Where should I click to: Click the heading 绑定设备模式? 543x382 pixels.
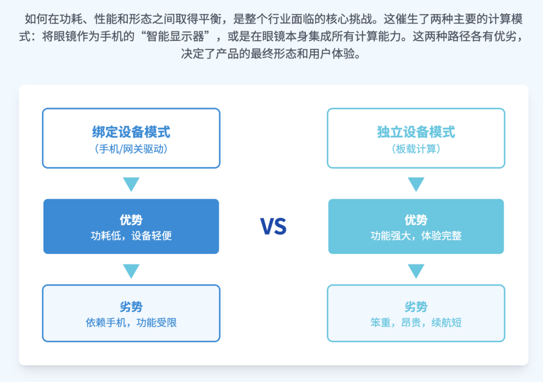coord(131,132)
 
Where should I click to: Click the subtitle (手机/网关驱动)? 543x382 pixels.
coord(131,149)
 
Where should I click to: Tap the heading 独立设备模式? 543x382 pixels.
coord(416,132)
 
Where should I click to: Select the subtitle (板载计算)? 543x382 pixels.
coord(416,149)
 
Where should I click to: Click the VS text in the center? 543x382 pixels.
coord(273,227)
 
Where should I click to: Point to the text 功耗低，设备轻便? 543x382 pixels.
coord(131,236)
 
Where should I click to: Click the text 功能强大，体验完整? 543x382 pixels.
coord(416,236)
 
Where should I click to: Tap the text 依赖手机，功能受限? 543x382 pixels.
coord(131,322)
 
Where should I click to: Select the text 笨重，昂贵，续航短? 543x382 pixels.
coord(416,322)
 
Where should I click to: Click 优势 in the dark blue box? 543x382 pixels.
coord(131,220)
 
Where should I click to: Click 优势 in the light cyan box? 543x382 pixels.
coord(416,220)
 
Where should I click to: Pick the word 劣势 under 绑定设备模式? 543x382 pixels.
coord(131,307)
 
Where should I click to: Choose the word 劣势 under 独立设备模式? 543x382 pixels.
coord(416,307)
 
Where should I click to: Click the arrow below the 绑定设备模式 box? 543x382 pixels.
coord(131,183)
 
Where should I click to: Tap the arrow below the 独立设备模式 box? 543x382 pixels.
coord(416,183)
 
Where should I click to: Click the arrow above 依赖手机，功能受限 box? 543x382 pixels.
coord(131,270)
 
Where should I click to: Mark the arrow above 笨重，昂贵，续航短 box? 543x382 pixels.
coord(416,270)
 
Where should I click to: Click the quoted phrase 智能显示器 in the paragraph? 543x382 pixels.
coord(175,36)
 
